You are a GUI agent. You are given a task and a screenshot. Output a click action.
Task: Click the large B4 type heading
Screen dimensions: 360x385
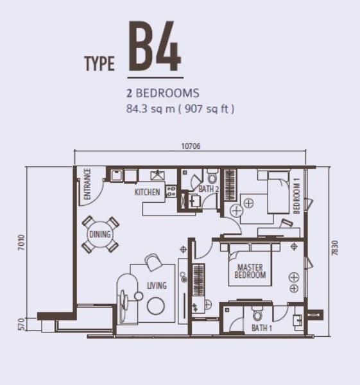point(155,46)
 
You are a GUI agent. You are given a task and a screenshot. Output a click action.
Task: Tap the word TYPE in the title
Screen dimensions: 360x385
point(99,64)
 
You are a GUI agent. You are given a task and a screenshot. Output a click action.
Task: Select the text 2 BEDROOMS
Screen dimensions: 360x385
point(163,93)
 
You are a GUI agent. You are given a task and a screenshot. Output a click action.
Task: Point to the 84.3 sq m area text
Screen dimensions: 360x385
point(151,108)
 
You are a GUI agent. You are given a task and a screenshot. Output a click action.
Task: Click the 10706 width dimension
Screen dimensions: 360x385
point(191,146)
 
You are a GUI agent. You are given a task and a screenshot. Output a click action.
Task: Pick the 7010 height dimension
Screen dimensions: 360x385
point(22,243)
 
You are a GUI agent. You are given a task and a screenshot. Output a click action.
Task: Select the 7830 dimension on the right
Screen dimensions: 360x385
point(335,248)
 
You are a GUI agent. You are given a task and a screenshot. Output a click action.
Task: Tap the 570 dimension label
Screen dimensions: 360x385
point(22,324)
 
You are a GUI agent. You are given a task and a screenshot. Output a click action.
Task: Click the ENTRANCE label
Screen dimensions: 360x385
point(87,184)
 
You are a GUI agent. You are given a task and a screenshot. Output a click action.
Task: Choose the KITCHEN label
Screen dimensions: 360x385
point(147,192)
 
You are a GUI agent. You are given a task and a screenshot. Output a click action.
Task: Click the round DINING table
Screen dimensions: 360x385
point(100,234)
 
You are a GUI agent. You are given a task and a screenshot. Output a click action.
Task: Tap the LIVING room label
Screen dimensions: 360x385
point(157,286)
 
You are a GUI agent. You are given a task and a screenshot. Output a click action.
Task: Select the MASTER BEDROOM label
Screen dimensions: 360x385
point(250,271)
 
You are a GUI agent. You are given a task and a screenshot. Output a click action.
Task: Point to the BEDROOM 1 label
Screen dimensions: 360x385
point(296,196)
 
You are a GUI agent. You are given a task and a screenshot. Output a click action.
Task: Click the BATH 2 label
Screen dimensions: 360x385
point(209,189)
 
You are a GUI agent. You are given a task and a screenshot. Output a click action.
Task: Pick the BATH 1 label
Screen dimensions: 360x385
point(262,328)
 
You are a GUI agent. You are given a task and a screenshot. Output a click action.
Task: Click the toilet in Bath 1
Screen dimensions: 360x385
point(257,313)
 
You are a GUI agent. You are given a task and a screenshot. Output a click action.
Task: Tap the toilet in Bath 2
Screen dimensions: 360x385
point(212,176)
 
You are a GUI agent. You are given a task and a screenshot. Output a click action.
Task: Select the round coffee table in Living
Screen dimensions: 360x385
point(156,305)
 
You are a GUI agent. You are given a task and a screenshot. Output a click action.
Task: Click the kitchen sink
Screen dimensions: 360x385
point(157,175)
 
